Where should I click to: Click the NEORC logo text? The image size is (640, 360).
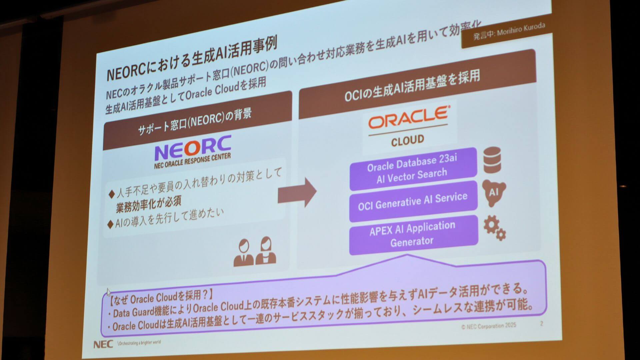pos(193,148)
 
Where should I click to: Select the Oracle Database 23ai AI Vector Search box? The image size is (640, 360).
pos(413,169)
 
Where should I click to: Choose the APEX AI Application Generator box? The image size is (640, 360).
pos(413,234)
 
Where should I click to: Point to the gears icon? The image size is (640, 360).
pos(494,228)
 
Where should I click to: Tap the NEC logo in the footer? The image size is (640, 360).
pos(103,344)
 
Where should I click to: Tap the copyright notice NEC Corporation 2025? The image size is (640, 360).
pos(489,326)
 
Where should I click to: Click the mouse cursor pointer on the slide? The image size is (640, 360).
pos(109,292)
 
